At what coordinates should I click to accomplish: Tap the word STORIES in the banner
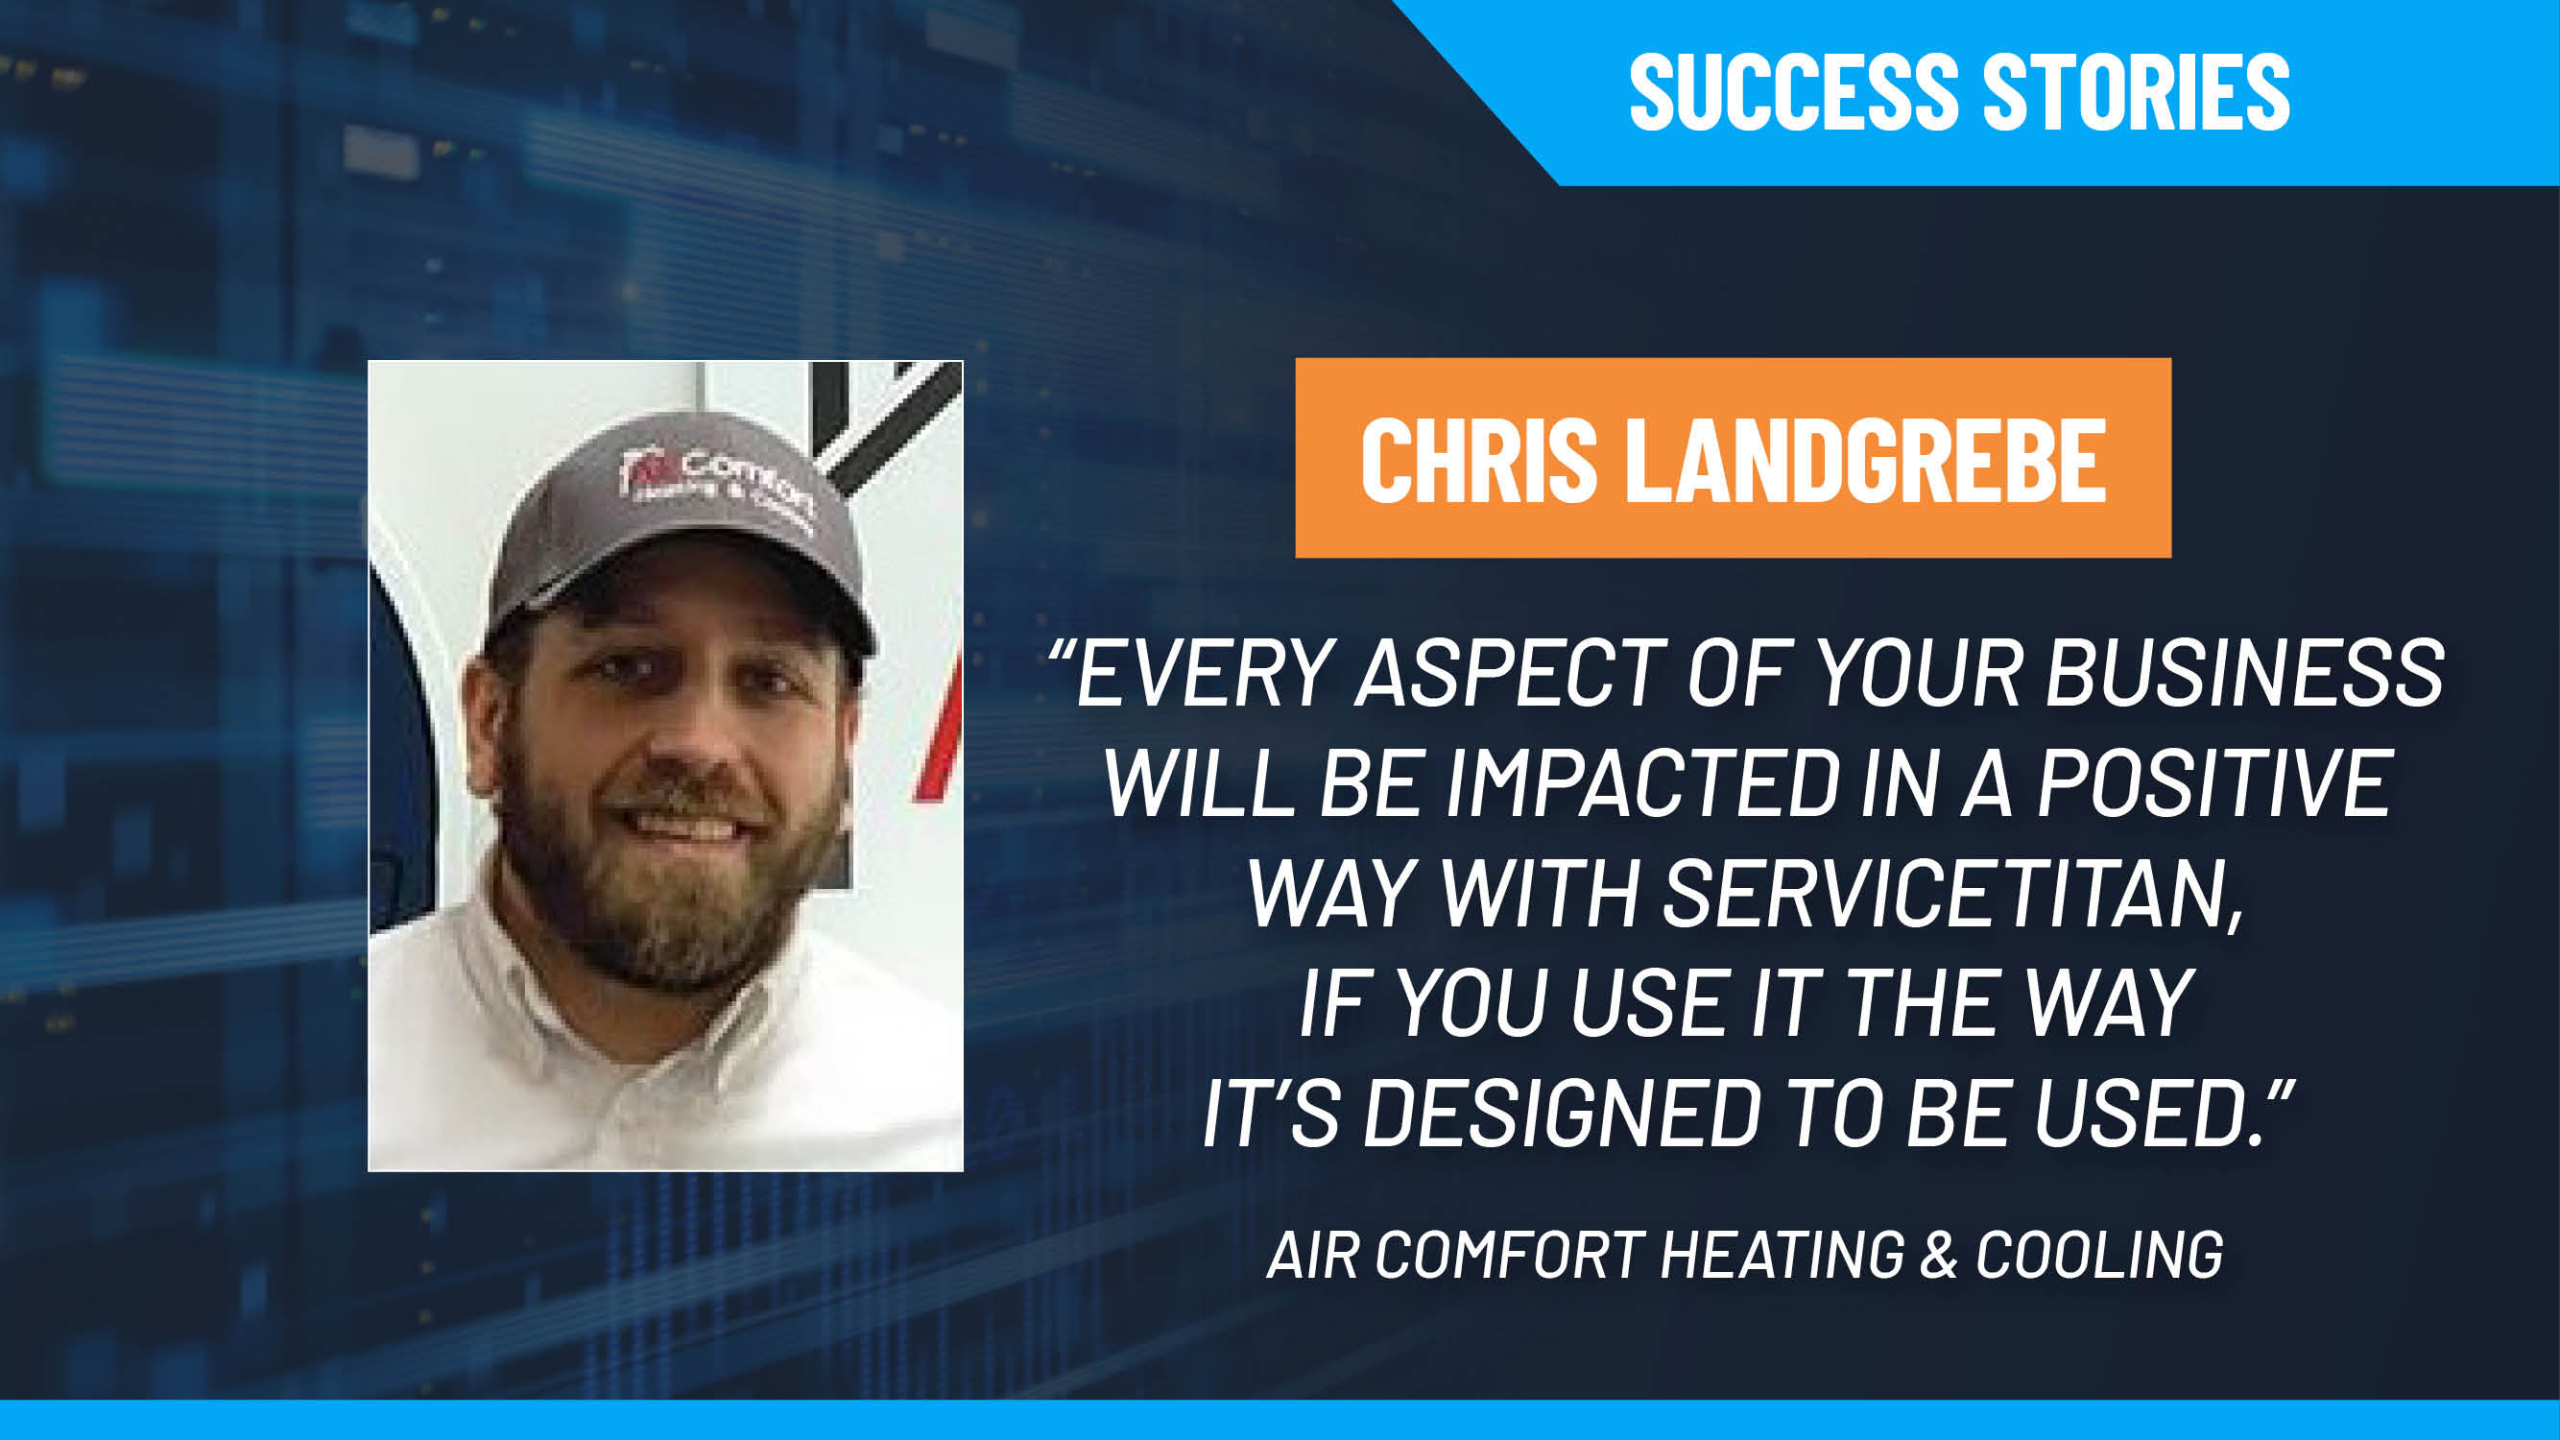pyautogui.click(x=2137, y=92)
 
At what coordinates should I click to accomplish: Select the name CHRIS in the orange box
pyautogui.click(x=1479, y=460)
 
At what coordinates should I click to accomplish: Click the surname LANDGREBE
pyautogui.click(x=1865, y=460)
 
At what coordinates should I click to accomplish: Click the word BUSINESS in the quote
pyautogui.click(x=2244, y=675)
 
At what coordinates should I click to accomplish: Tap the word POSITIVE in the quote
pyautogui.click(x=2214, y=784)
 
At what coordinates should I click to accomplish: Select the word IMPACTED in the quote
pyautogui.click(x=1642, y=784)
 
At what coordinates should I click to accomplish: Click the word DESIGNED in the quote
pyautogui.click(x=1561, y=1114)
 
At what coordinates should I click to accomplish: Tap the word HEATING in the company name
pyautogui.click(x=1782, y=1255)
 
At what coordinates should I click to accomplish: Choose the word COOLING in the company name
pyautogui.click(x=2099, y=1255)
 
